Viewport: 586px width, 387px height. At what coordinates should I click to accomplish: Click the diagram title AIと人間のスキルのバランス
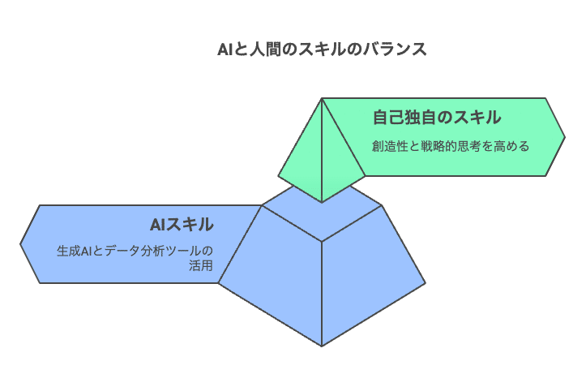(322, 49)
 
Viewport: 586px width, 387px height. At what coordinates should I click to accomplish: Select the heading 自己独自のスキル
(436, 118)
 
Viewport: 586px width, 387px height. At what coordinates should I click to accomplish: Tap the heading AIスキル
(181, 224)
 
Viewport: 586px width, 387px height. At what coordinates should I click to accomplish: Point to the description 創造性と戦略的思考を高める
(451, 147)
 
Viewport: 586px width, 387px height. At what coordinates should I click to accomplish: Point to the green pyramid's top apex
(322, 99)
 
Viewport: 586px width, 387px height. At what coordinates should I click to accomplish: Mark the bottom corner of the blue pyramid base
(322, 345)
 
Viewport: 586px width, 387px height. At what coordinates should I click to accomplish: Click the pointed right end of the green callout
(563, 136)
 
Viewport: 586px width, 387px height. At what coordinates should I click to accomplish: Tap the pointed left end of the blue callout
(22, 244)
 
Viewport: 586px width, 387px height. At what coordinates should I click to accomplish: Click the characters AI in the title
(226, 49)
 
